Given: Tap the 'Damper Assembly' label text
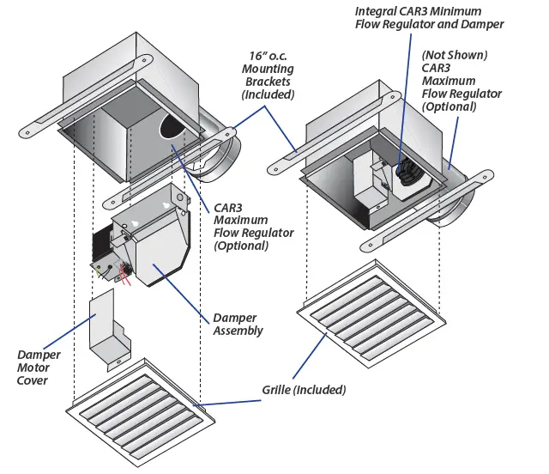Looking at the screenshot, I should click(x=236, y=325).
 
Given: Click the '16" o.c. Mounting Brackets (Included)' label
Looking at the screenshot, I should click(x=267, y=81).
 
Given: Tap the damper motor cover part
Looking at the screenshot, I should click(x=107, y=331).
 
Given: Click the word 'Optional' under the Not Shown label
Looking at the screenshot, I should click(x=449, y=107).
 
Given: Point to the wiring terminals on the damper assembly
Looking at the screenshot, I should click(x=112, y=271).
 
